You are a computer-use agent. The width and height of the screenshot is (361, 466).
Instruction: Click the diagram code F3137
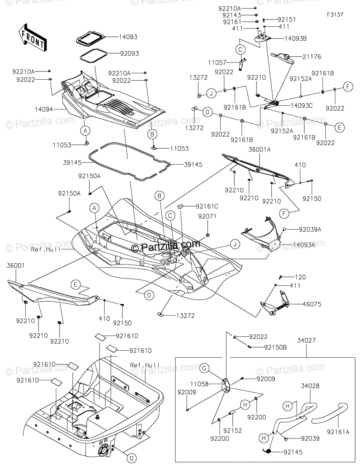pos(335,14)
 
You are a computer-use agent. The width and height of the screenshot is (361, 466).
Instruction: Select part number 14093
pos(118,37)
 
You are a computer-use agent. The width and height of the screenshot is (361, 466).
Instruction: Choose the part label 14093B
pos(295,38)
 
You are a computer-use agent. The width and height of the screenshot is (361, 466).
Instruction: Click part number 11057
pos(217,62)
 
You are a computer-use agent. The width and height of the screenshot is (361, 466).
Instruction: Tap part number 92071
pos(206,216)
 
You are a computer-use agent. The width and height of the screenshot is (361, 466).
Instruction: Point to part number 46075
pos(312,304)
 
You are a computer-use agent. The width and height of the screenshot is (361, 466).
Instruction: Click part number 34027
pos(307,341)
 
